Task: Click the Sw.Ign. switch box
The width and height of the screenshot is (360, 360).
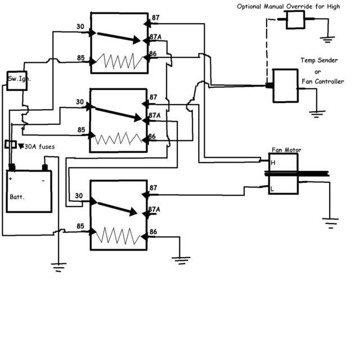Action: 16,79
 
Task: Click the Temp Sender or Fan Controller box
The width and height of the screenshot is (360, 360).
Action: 285,85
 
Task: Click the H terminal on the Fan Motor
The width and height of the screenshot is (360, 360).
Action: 273,163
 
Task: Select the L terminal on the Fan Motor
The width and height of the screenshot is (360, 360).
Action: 273,190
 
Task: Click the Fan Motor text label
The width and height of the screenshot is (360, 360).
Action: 286,150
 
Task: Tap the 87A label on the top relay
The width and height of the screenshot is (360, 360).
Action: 156,37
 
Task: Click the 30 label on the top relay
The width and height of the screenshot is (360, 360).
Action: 80,26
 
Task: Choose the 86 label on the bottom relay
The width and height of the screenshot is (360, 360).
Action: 153,231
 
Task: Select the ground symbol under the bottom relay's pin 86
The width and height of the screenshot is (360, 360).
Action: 181,260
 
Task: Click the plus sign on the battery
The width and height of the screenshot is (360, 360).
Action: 11,178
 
